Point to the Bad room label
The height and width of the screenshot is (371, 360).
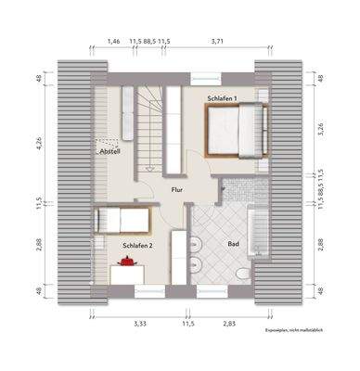234,243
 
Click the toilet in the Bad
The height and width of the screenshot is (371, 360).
244,275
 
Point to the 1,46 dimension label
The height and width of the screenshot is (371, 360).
114,41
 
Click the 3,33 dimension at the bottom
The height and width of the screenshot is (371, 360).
140,323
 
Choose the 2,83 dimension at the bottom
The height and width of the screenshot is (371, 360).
229,323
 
